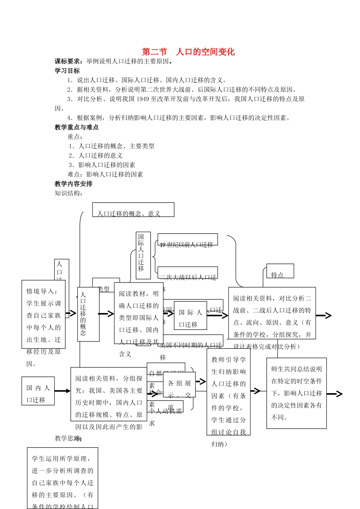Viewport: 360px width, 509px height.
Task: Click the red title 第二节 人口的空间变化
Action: (188, 52)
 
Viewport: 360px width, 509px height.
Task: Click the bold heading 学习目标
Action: (67, 71)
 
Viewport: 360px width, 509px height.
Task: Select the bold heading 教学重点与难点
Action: (77, 128)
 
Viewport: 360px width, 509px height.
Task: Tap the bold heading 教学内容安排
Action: (74, 184)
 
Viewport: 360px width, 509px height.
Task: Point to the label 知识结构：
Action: (69, 194)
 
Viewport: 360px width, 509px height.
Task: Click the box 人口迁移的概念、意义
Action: (133, 210)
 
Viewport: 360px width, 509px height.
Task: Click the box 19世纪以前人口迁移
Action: (187, 240)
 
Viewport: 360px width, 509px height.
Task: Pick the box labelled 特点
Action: (280, 271)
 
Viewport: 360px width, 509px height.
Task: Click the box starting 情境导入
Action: (43, 314)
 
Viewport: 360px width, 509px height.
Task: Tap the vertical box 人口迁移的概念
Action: (88, 314)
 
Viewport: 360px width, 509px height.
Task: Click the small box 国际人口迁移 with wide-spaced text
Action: (190, 315)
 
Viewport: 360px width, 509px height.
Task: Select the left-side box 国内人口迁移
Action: (38, 390)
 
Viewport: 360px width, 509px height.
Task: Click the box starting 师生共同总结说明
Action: (296, 393)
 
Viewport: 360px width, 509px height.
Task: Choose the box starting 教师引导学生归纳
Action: (228, 392)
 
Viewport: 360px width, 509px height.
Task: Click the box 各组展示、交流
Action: (179, 384)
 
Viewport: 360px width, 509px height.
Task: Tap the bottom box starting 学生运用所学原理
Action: (62, 478)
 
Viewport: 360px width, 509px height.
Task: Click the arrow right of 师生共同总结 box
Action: (335, 394)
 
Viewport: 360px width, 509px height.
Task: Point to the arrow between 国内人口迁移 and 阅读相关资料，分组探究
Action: (63, 391)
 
